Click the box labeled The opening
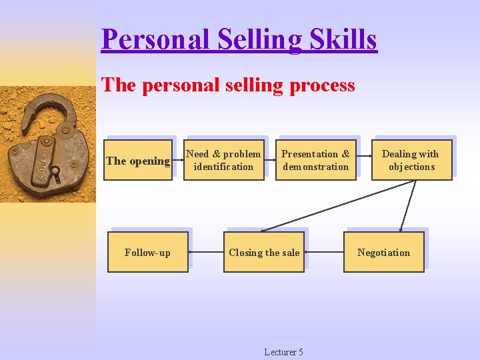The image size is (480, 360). click(x=138, y=161)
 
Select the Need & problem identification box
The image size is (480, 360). click(x=223, y=160)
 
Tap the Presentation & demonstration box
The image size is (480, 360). click(x=315, y=160)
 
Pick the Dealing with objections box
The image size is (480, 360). click(x=411, y=160)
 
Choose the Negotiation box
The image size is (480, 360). click(x=383, y=252)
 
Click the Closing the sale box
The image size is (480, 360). click(x=264, y=252)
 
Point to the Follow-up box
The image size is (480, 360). click(x=147, y=252)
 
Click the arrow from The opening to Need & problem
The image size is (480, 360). click(x=177, y=161)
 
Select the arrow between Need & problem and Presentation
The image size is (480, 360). click(x=270, y=161)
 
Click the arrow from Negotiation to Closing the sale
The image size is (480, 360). click(x=324, y=252)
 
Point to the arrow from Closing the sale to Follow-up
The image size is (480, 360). click(x=206, y=252)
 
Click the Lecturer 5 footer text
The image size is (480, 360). click(x=283, y=352)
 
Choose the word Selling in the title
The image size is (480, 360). click(x=253, y=39)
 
